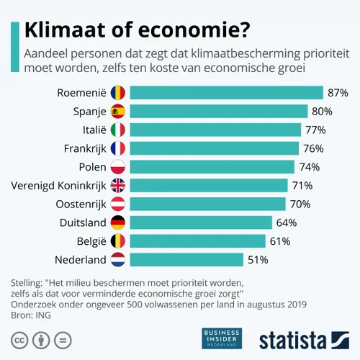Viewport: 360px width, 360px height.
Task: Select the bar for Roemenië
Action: click(226, 92)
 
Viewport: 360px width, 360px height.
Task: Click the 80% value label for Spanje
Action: click(321, 111)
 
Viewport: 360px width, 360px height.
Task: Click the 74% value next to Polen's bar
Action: click(308, 166)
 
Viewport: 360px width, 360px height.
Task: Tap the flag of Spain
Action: click(117, 111)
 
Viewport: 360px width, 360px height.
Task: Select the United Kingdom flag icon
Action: click(117, 185)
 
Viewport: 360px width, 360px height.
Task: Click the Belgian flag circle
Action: click(117, 240)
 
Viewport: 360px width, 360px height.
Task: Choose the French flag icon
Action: click(117, 148)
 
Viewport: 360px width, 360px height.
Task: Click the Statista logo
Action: click(303, 338)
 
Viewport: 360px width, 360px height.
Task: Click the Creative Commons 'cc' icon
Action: click(20, 339)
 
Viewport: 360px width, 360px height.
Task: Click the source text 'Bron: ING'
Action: click(34, 315)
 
